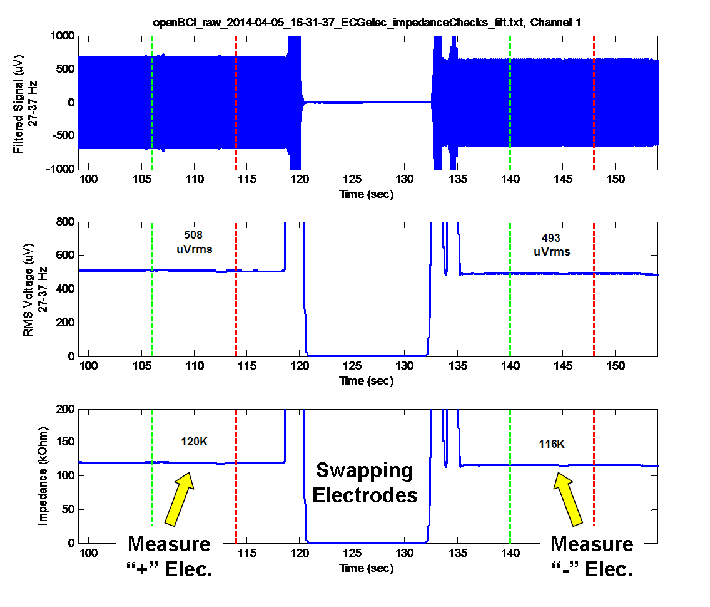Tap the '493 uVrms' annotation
[x=551, y=244]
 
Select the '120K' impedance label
[x=194, y=442]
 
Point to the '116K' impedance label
[x=552, y=444]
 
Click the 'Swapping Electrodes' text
[x=365, y=483]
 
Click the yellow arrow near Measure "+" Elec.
[x=180, y=497]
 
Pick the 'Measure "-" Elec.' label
[x=592, y=557]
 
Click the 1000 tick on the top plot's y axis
[x=63, y=36]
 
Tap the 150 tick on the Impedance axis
[x=66, y=442]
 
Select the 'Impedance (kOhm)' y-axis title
[x=44, y=476]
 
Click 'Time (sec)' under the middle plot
[x=366, y=381]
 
